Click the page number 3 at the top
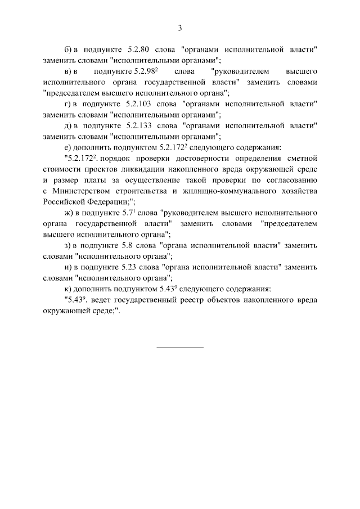(180, 28)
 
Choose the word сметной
(301, 159)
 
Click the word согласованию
(291, 180)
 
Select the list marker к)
(70, 289)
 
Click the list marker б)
(70, 50)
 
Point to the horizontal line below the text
(179, 346)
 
